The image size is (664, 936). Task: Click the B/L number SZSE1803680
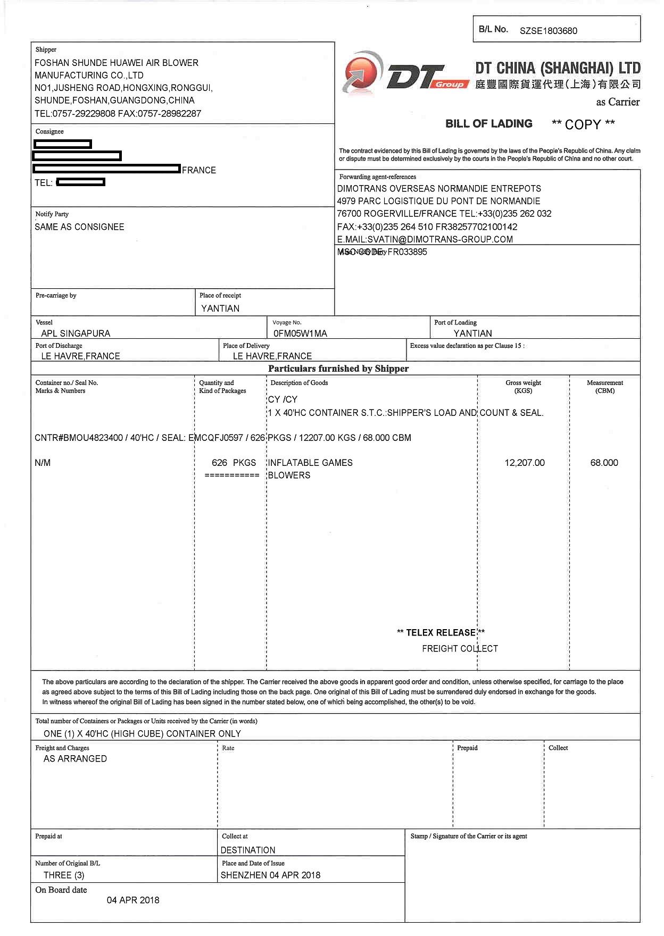tap(548, 31)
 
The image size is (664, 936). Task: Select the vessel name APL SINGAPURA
tap(76, 333)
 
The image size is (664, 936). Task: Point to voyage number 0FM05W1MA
tap(300, 333)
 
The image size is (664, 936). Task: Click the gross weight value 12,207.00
tap(525, 463)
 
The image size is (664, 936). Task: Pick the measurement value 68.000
tap(604, 463)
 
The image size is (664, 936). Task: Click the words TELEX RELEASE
tap(441, 632)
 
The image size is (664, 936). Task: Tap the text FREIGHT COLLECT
tap(460, 648)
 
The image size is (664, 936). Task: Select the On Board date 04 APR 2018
tap(133, 900)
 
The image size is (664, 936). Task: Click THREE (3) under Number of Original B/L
tap(64, 875)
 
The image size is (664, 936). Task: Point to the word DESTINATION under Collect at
tap(248, 850)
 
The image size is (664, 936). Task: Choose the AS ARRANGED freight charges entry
tap(75, 758)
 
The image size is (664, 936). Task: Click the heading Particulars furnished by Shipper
tap(338, 369)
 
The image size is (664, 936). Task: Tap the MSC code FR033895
tap(407, 252)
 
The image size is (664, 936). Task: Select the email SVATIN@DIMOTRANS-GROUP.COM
tap(439, 239)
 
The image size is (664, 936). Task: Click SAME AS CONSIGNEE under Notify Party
tap(79, 227)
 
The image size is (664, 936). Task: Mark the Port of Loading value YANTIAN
tap(472, 333)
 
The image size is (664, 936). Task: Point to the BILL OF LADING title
tap(489, 124)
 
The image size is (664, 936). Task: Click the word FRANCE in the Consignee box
tap(198, 170)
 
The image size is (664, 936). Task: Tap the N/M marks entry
tap(43, 463)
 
